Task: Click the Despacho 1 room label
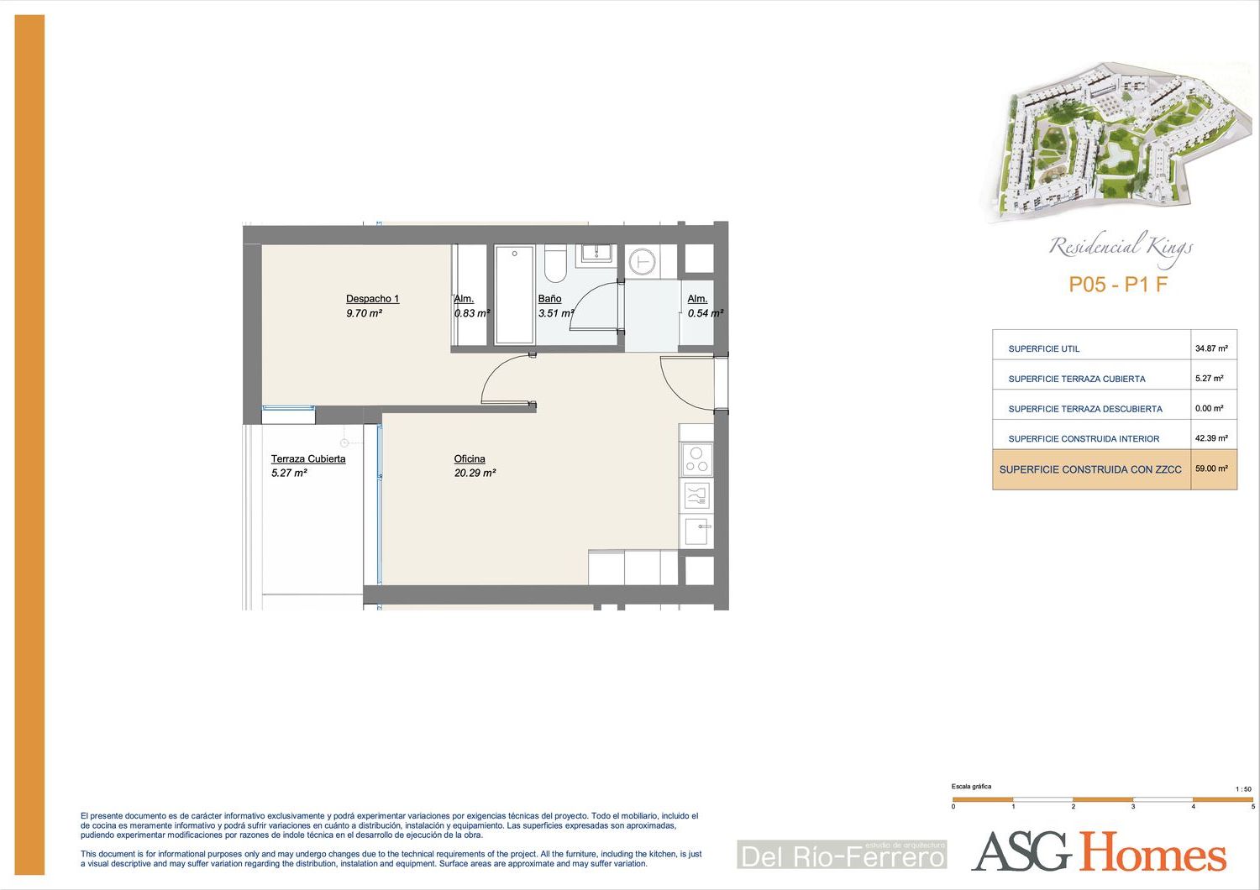tap(372, 299)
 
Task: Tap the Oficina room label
tap(470, 458)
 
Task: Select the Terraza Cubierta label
tap(308, 458)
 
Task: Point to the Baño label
tap(549, 299)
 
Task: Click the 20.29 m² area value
tap(475, 473)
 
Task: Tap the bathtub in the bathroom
tap(514, 295)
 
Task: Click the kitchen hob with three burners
tap(696, 459)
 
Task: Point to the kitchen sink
tap(697, 531)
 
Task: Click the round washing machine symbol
tap(643, 261)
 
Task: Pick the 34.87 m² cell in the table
tap(1211, 348)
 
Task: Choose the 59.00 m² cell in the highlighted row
tap(1211, 469)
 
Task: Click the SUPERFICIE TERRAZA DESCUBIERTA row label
tap(1085, 409)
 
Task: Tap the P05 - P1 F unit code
tap(1118, 285)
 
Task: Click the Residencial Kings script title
tap(1121, 248)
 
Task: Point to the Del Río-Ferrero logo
tap(842, 855)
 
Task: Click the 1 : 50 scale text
tap(1243, 788)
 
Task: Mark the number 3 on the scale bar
tap(1133, 806)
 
